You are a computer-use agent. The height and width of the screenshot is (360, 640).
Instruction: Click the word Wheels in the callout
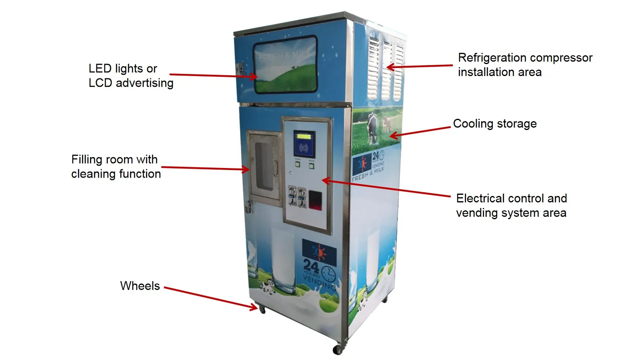pyautogui.click(x=140, y=286)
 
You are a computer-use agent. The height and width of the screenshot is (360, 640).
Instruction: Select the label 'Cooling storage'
pyautogui.click(x=495, y=124)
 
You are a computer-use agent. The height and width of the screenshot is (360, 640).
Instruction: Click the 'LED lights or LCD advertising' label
pyautogui.click(x=131, y=76)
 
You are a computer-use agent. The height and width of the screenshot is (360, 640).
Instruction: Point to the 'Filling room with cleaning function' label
pyautogui.click(x=116, y=166)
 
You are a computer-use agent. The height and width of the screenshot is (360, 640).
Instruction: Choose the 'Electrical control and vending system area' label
pyautogui.click(x=511, y=206)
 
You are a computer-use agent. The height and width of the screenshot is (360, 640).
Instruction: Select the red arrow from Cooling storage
pyautogui.click(x=420, y=132)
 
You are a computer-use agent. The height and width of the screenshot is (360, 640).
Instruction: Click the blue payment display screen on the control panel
pyautogui.click(x=304, y=144)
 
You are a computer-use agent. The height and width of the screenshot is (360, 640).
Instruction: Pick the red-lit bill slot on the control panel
pyautogui.click(x=315, y=200)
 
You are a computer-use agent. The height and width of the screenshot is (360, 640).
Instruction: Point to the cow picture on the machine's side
pyautogui.click(x=373, y=127)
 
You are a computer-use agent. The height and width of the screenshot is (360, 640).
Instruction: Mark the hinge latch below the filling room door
pyautogui.click(x=248, y=207)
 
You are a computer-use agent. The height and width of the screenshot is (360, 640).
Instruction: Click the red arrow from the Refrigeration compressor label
pyautogui.click(x=420, y=66)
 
